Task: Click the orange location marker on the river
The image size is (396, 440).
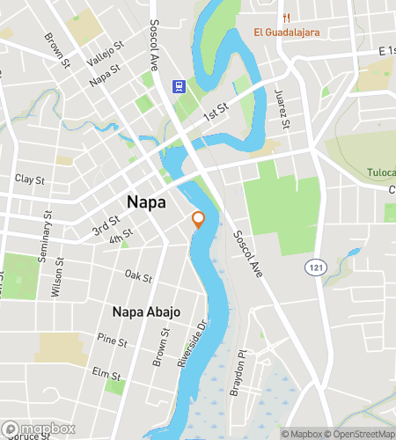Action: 199,219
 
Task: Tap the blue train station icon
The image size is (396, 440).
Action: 179,86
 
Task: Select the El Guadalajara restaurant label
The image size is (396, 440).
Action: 286,33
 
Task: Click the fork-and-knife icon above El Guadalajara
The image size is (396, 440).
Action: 286,18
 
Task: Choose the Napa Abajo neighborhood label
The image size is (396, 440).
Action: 147,312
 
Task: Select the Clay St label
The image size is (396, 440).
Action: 30,179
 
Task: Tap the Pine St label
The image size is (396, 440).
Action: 113,339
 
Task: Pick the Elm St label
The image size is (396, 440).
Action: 106,372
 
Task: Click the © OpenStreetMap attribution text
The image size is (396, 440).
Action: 360,434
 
